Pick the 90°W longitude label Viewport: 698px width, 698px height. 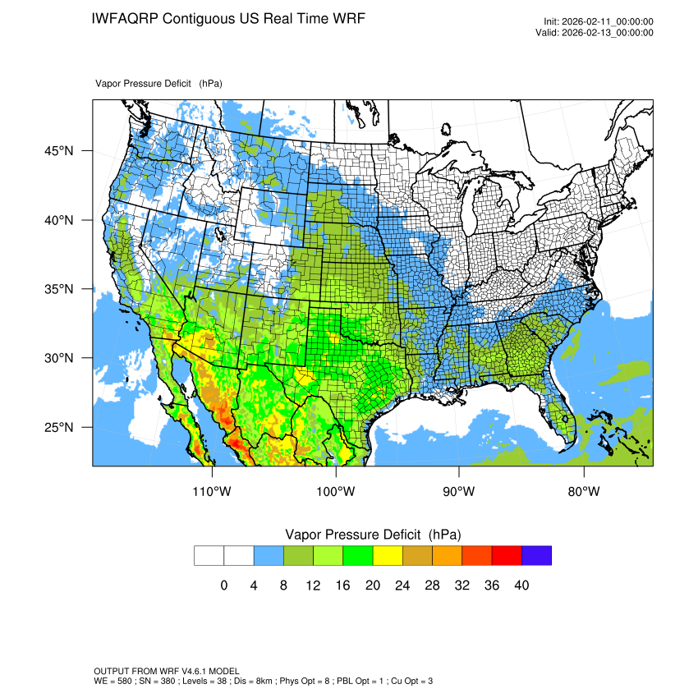click(459, 492)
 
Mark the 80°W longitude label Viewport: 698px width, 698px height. click(583, 492)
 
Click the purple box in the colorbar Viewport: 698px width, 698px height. click(536, 555)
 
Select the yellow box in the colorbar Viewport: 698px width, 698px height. click(388, 555)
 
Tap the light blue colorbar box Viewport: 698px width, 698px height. click(269, 555)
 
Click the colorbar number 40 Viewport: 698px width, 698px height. click(521, 585)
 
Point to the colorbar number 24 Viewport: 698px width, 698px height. click(402, 585)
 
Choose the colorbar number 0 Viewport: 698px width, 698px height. click(224, 585)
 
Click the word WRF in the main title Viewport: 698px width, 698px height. click(347, 18)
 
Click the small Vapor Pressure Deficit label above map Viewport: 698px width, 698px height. click(144, 84)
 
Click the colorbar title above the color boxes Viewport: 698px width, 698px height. click(373, 535)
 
